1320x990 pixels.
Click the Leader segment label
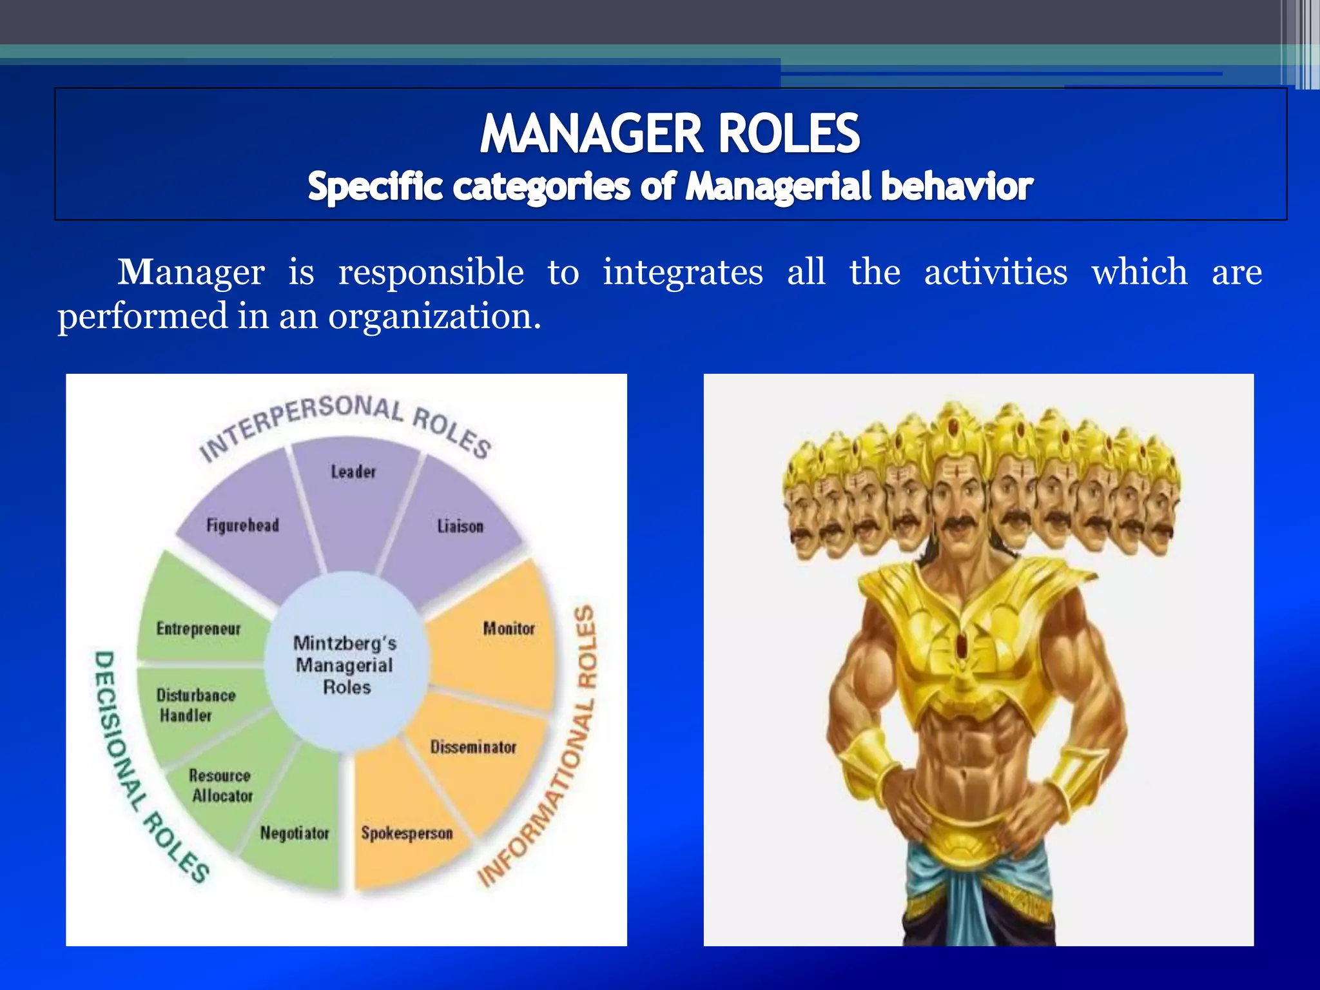coord(353,472)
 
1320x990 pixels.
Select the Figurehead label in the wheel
coord(243,525)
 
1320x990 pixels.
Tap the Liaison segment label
coord(460,527)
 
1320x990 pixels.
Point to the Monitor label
coord(509,628)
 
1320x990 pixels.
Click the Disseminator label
coord(473,747)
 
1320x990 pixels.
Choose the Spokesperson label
coord(407,833)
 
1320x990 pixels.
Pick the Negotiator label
coord(295,833)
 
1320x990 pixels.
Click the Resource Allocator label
coord(221,786)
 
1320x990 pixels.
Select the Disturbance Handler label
coord(195,705)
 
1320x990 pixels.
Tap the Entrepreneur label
coord(199,628)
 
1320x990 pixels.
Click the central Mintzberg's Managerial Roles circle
coord(345,665)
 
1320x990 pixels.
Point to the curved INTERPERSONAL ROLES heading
coord(345,422)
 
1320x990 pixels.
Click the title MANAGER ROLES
coord(670,133)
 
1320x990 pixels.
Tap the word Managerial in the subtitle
coord(777,187)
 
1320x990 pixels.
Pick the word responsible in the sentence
coord(431,272)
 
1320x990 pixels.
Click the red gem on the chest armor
coord(962,645)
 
